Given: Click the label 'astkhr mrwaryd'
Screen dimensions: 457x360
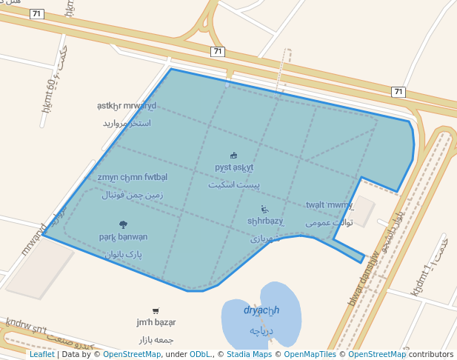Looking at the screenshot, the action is click(127, 105).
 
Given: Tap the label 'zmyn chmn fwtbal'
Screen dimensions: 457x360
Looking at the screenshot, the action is click(132, 177).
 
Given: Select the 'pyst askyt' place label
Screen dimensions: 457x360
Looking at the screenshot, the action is click(234, 167).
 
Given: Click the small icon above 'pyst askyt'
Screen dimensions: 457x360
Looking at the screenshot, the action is click(234, 156).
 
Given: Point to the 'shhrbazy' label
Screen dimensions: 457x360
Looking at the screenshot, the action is click(265, 221).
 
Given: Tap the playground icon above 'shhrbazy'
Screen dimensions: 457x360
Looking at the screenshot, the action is click(264, 210).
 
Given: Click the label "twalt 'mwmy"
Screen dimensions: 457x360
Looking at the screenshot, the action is click(330, 205).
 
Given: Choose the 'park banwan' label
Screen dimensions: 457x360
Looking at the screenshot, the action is click(123, 237).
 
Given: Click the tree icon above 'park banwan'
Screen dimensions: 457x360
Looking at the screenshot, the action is click(123, 224).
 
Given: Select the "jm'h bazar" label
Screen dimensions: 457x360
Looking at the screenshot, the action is click(156, 322).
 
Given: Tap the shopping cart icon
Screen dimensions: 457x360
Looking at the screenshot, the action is click(156, 311).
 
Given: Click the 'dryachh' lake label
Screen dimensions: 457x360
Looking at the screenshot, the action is click(261, 310).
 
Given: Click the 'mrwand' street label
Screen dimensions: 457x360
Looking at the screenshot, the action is click(34, 239).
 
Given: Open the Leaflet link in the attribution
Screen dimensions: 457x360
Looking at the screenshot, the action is click(41, 354).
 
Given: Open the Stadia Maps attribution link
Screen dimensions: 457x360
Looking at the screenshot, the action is click(248, 354).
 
